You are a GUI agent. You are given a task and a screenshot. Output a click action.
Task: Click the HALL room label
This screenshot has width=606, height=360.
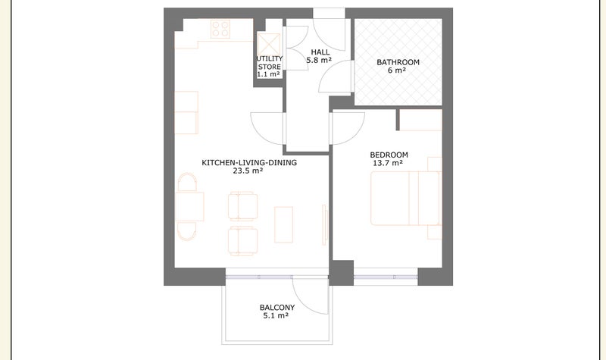(x=320, y=52)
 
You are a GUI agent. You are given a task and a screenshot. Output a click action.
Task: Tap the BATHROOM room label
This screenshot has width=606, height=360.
(x=398, y=62)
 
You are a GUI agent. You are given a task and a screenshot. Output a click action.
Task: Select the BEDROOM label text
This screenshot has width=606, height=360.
(x=389, y=155)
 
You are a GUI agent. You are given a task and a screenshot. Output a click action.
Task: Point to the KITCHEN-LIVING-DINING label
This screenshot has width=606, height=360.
(x=249, y=163)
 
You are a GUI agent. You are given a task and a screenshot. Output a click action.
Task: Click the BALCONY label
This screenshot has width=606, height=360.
(x=277, y=308)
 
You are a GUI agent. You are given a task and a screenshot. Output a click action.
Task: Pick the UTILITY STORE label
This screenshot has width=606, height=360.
(x=270, y=63)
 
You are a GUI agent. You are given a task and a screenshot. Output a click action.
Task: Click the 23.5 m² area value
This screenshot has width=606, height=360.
(x=248, y=171)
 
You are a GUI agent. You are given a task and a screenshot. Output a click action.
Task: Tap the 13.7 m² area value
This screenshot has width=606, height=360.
(x=388, y=163)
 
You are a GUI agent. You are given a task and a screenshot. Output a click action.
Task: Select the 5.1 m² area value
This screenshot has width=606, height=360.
(x=276, y=315)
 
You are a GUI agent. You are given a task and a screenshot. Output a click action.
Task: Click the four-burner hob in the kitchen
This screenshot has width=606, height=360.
(x=220, y=29)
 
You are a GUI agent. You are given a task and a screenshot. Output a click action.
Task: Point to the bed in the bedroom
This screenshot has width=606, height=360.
(x=405, y=199)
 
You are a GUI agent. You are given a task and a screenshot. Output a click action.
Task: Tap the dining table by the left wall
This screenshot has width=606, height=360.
(x=189, y=206)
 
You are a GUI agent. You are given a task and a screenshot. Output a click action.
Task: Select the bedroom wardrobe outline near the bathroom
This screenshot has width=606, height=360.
(x=420, y=120)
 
